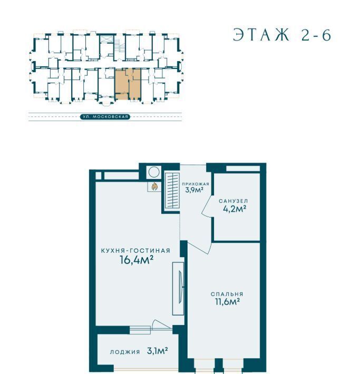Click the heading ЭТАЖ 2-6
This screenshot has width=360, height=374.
(x=282, y=35)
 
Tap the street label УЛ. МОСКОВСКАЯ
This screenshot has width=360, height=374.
(x=105, y=117)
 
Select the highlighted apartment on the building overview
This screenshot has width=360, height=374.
(x=128, y=84)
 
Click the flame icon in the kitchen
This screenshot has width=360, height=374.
(x=154, y=186)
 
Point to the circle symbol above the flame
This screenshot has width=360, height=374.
(x=154, y=172)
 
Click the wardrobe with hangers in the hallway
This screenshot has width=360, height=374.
(x=172, y=190)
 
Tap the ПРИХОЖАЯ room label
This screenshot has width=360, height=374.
(x=196, y=184)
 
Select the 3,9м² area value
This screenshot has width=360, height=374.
(x=194, y=190)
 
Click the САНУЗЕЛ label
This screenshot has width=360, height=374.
(x=233, y=201)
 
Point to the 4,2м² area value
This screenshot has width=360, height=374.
(x=235, y=209)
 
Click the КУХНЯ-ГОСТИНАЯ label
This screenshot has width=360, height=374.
(x=135, y=251)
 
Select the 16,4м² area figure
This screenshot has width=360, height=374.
(x=137, y=260)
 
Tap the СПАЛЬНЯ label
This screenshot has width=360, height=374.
(x=227, y=294)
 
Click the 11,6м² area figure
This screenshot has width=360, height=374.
(x=227, y=302)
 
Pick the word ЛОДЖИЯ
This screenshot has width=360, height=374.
(x=125, y=352)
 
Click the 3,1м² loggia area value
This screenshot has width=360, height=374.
(x=158, y=351)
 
